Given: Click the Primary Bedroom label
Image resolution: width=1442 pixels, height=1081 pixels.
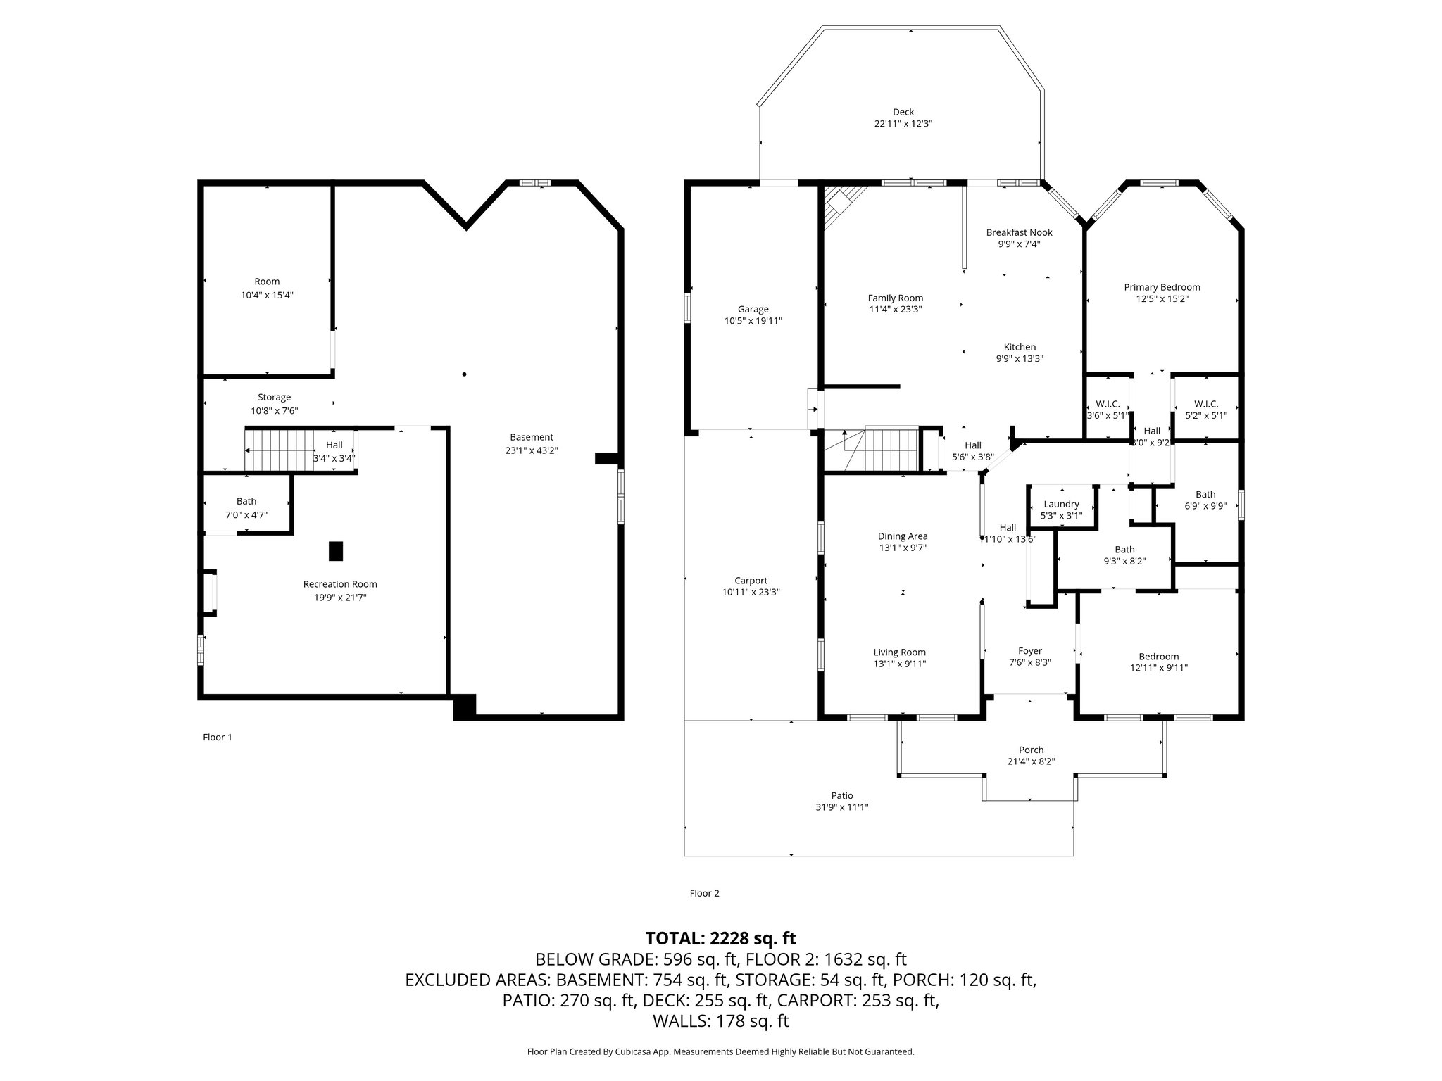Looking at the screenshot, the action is tap(1162, 287).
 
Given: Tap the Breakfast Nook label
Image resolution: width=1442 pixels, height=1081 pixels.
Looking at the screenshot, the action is tap(1019, 232).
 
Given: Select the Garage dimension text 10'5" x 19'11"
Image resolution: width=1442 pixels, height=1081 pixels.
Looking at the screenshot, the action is tap(753, 321).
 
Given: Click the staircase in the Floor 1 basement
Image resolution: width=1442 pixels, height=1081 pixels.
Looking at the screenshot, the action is tap(280, 450).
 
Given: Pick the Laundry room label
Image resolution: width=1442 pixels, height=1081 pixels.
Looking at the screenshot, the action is tap(1061, 504).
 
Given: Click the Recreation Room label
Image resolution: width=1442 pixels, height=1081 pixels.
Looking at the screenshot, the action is tap(340, 584).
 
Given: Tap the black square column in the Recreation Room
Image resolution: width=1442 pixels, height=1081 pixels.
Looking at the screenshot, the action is tap(336, 551).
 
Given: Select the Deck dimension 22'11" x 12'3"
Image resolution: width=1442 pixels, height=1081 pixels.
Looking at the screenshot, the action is tap(903, 124).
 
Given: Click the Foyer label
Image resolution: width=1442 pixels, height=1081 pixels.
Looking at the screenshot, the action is tap(1029, 651).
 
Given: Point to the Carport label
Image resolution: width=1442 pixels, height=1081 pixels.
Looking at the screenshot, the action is tap(751, 581).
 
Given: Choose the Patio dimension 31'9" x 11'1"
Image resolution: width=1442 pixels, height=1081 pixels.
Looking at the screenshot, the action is tap(841, 808).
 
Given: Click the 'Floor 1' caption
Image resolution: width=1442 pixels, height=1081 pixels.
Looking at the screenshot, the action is tap(217, 738).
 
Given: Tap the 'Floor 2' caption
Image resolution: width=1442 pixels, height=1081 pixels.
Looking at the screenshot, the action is tap(704, 894).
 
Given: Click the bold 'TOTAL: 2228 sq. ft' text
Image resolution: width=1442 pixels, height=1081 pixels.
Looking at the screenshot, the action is tap(720, 938).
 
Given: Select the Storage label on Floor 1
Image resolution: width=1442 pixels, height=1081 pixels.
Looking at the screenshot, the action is tap(274, 398).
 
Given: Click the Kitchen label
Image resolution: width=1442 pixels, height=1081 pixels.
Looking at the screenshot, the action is tap(1020, 347).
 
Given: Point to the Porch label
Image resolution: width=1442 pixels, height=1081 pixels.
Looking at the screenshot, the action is tap(1031, 750).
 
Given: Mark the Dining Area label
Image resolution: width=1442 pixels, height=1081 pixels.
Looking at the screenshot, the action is tap(903, 536).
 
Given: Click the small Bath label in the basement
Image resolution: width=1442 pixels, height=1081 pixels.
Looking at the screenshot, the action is tap(246, 502).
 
